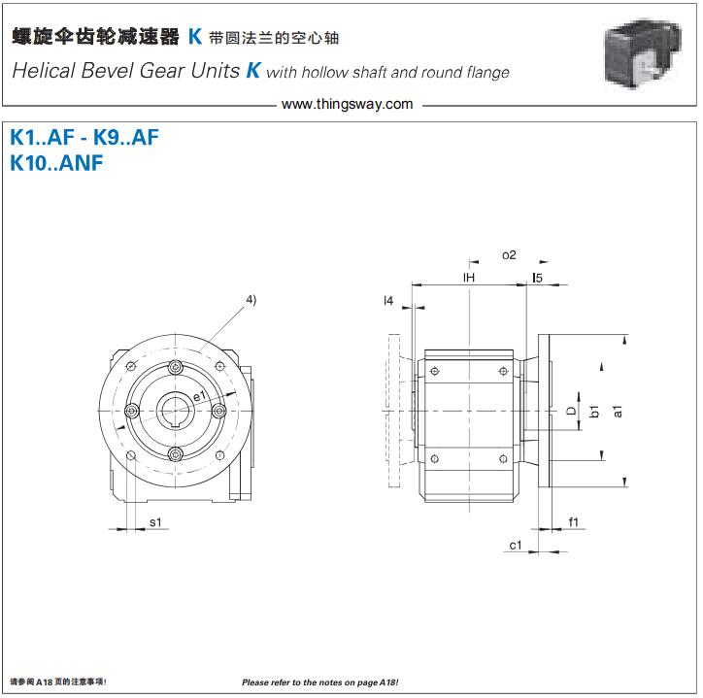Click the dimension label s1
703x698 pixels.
pyautogui.click(x=155, y=522)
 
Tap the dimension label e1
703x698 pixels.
pyautogui.click(x=199, y=396)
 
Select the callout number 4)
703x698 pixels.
pyautogui.click(x=251, y=299)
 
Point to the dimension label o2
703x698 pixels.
pyautogui.click(x=509, y=255)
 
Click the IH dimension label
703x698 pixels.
pyautogui.click(x=469, y=278)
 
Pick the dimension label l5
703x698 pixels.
pyautogui.click(x=537, y=278)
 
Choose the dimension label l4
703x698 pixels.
pyautogui.click(x=388, y=300)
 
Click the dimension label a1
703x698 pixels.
pyautogui.click(x=618, y=411)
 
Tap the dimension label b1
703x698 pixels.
pyautogui.click(x=594, y=411)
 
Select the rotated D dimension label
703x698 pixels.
pyautogui.click(x=571, y=411)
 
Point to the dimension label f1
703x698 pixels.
pyautogui.click(x=574, y=522)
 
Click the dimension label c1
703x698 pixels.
pyautogui.click(x=516, y=546)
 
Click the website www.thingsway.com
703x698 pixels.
pyautogui.click(x=347, y=104)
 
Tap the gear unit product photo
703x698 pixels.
pyautogui.click(x=644, y=52)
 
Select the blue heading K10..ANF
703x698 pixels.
pyautogui.click(x=56, y=163)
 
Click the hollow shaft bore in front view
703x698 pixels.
pyautogui.click(x=175, y=411)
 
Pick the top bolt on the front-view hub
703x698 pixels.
pyautogui.click(x=175, y=367)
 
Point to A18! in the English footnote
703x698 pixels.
pyautogui.click(x=388, y=682)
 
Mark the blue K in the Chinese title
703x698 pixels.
pyautogui.click(x=195, y=37)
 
